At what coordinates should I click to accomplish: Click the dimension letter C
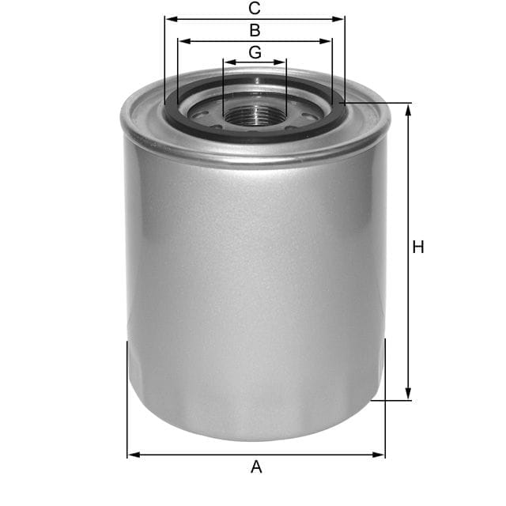point(255,9)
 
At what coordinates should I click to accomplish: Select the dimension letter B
point(255,31)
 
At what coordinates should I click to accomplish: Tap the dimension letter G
point(255,52)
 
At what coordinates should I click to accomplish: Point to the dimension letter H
point(418,247)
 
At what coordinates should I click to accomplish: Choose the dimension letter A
point(256,467)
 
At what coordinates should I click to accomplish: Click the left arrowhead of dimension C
point(169,19)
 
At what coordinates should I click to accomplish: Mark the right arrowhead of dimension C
point(340,19)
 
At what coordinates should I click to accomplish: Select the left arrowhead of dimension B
point(183,41)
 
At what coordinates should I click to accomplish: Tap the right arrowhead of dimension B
point(327,41)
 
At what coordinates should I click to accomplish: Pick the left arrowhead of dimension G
point(228,62)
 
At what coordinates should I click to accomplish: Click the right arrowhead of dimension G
point(281,62)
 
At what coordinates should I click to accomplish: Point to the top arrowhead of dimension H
point(409,109)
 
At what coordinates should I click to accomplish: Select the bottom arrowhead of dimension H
point(409,395)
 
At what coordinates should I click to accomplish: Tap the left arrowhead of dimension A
point(132,455)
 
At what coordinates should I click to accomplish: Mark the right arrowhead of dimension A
point(380,455)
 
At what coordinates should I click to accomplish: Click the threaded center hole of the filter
point(255,114)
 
